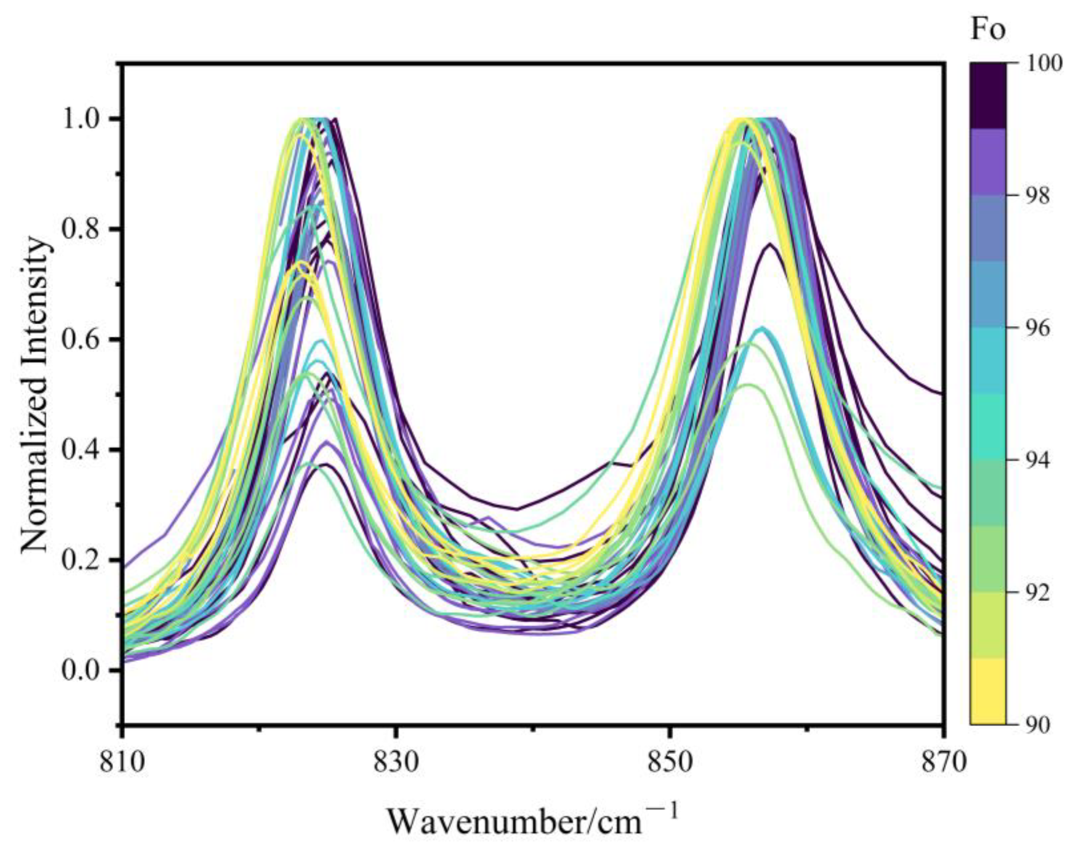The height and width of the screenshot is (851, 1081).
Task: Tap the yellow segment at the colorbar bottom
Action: tap(988, 692)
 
